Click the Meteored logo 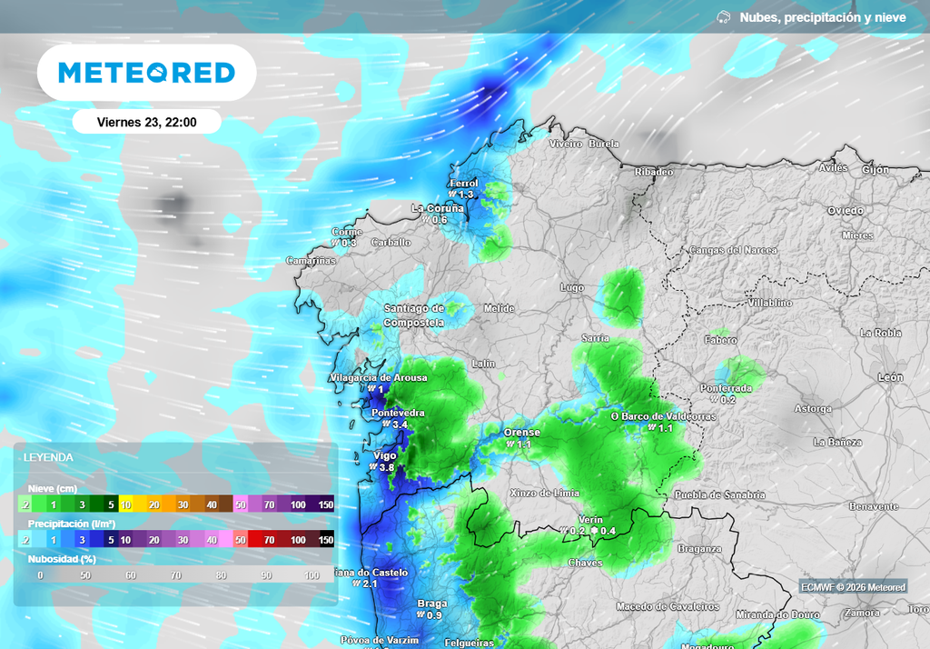pos(146,73)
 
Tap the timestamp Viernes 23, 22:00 pos(146,122)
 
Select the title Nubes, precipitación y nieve pos(822,17)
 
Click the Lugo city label pos(572,288)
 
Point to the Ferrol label pos(463,184)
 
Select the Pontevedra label pos(399,413)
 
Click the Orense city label pos(522,433)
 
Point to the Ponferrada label pos(726,388)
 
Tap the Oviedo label pos(845,211)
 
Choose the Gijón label pos(876,170)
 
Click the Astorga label pos(813,409)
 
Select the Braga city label pos(431,604)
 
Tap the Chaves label pos(585,563)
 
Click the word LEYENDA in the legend pos(48,457)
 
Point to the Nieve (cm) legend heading pos(53,489)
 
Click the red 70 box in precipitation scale pos(269,539)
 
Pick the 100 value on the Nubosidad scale pos(312,575)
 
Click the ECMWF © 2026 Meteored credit pos(853,587)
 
